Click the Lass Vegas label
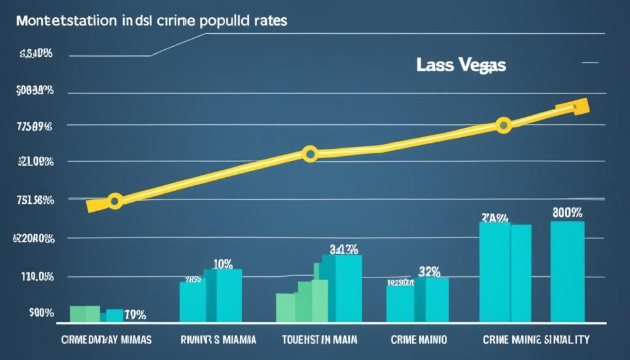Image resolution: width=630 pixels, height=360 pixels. (460, 65)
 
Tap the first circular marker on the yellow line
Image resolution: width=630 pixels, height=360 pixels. (114, 201)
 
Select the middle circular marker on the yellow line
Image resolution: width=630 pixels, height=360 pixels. (310, 154)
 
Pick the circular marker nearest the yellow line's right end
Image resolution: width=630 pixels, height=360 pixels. (503, 126)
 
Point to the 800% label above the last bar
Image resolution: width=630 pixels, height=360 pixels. (567, 213)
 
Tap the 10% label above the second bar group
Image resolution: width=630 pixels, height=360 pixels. (223, 264)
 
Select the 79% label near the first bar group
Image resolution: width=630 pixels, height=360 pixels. (135, 315)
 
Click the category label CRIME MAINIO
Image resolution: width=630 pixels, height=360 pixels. (418, 339)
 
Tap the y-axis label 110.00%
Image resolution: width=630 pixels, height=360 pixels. (34, 277)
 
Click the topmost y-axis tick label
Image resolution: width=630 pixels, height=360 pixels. (36, 54)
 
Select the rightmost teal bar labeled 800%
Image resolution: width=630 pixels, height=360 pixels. (567, 271)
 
